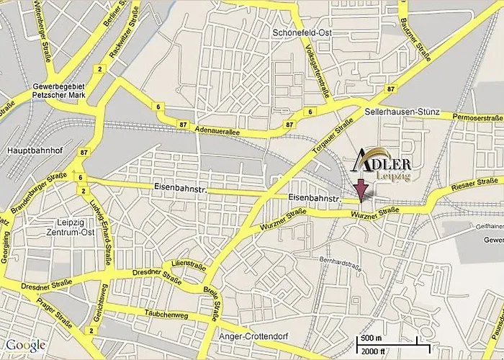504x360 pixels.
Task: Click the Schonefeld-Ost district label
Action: pyautogui.click(x=301, y=33)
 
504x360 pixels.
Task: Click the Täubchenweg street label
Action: pyautogui.click(x=166, y=315)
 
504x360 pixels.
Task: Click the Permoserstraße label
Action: pyautogui.click(x=477, y=117)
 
